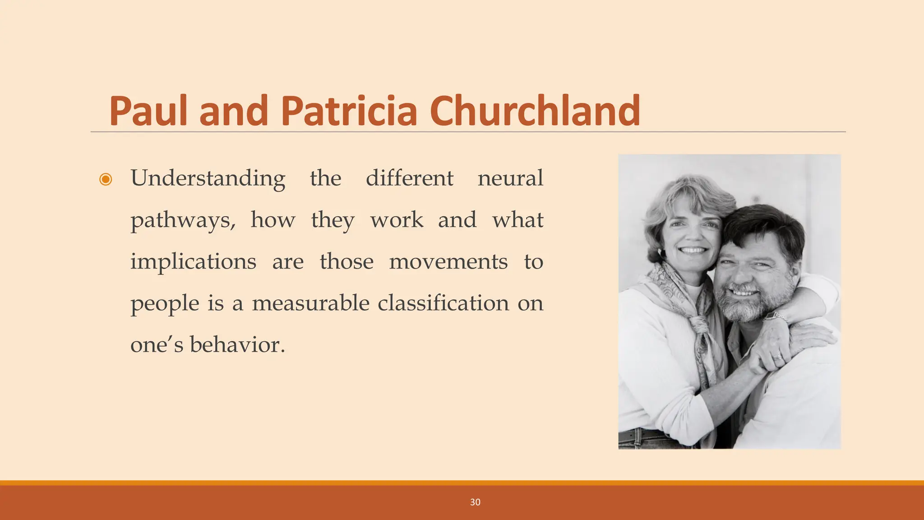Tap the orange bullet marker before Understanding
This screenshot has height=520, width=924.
106,179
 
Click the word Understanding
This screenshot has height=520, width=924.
208,179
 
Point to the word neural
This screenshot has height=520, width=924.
510,178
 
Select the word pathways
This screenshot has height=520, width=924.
183,220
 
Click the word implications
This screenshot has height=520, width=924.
193,262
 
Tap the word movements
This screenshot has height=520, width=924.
448,262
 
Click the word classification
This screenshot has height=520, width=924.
443,303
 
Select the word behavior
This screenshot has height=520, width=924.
237,345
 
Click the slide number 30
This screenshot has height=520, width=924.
475,502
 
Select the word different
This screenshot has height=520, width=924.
409,178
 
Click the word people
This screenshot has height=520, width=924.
165,304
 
